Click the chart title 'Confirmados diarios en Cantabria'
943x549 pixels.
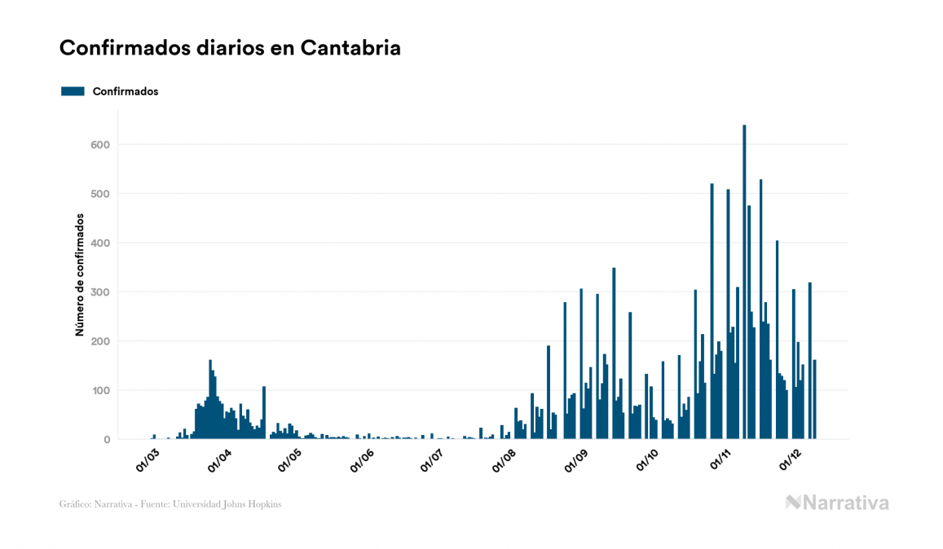pyautogui.click(x=230, y=48)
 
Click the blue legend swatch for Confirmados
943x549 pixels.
pyautogui.click(x=73, y=91)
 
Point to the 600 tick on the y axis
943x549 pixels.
pyautogui.click(x=99, y=145)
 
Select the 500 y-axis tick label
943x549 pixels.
pyautogui.click(x=99, y=194)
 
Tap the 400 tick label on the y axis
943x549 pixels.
pyautogui.click(x=99, y=243)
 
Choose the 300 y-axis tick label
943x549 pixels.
pyautogui.click(x=99, y=292)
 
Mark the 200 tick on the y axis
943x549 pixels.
pyautogui.click(x=99, y=341)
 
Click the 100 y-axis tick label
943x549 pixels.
pyautogui.click(x=99, y=391)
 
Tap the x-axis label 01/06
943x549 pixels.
pyautogui.click(x=363, y=460)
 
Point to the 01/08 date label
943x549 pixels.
pyautogui.click(x=505, y=460)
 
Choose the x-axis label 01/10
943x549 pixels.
pyautogui.click(x=648, y=460)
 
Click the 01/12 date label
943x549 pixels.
pyautogui.click(x=791, y=460)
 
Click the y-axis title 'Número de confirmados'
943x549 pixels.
pyautogui.click(x=80, y=275)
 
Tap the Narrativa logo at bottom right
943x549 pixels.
pyautogui.click(x=837, y=503)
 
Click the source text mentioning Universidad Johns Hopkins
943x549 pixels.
pyautogui.click(x=170, y=504)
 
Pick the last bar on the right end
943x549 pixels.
pyautogui.click(x=814, y=400)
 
